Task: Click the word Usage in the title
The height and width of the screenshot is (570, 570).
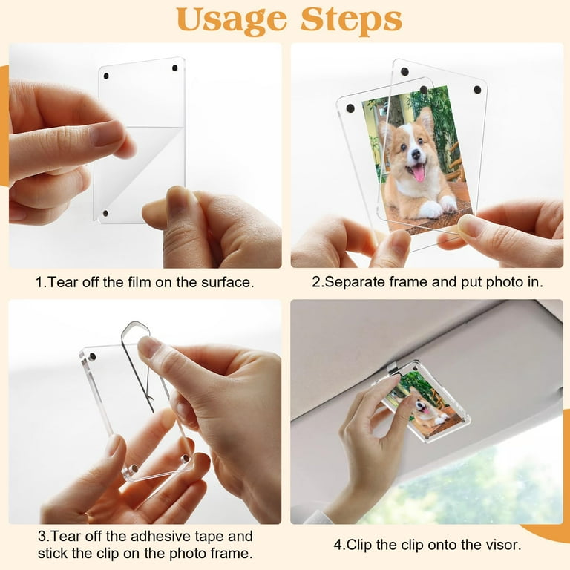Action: [232, 21]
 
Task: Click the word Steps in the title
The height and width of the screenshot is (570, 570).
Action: [351, 20]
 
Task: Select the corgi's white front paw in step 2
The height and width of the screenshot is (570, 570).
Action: [432, 210]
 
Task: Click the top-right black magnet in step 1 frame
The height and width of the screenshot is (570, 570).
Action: [175, 68]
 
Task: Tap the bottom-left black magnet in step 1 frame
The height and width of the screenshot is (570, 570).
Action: [106, 213]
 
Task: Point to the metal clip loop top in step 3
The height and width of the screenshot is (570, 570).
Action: [135, 324]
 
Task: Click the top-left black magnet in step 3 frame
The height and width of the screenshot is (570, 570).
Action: [92, 356]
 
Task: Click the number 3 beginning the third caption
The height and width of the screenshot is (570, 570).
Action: [42, 536]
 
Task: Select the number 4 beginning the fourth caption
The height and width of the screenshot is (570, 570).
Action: [338, 545]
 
